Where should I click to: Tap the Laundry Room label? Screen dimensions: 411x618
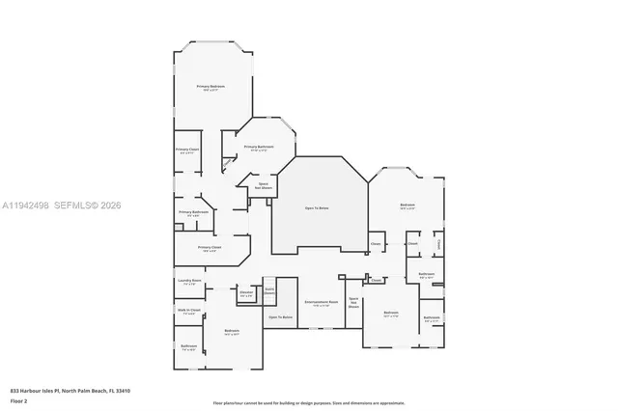coord(188,282)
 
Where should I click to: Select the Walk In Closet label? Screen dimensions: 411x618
coord(188,311)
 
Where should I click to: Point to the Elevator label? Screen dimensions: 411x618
coord(246,292)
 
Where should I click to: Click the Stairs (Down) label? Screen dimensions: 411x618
coord(270,289)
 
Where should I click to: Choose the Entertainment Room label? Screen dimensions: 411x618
coord(321,303)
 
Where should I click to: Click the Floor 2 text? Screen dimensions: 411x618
coord(18,400)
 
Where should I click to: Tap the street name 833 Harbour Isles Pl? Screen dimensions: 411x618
coord(38,391)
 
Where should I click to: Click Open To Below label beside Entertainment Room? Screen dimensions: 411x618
coord(280,316)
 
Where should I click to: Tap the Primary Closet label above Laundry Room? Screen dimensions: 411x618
coord(209,248)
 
